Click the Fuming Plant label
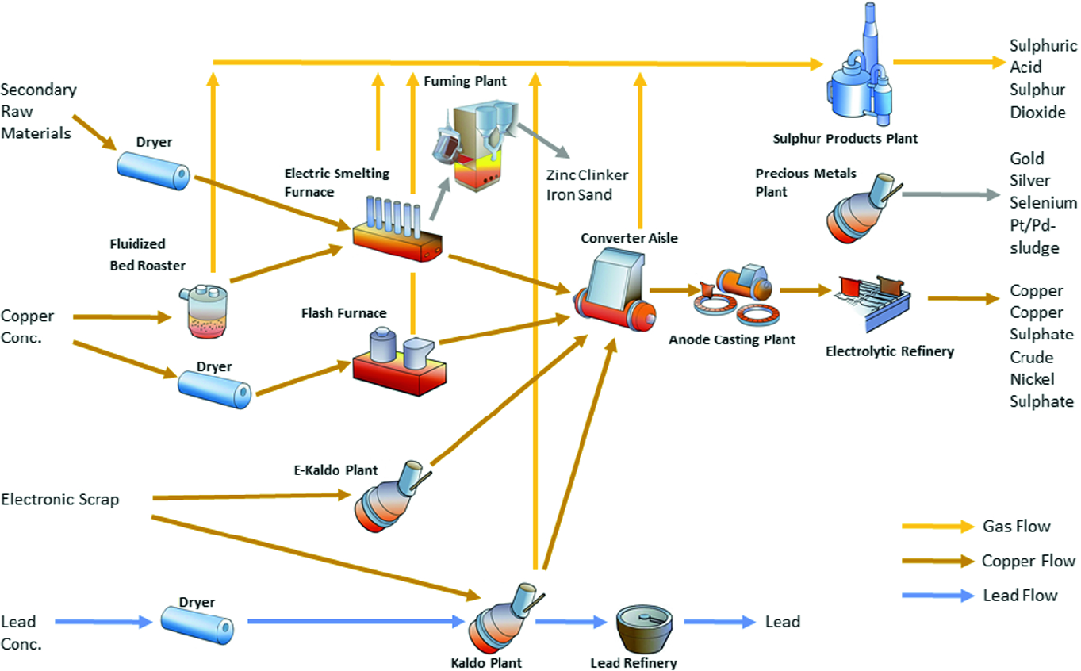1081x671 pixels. (x=465, y=81)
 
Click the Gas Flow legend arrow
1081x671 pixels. (x=937, y=527)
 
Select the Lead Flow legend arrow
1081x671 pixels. (x=937, y=595)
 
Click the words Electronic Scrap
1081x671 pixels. (x=60, y=500)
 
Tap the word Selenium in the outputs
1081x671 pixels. (x=1042, y=203)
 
